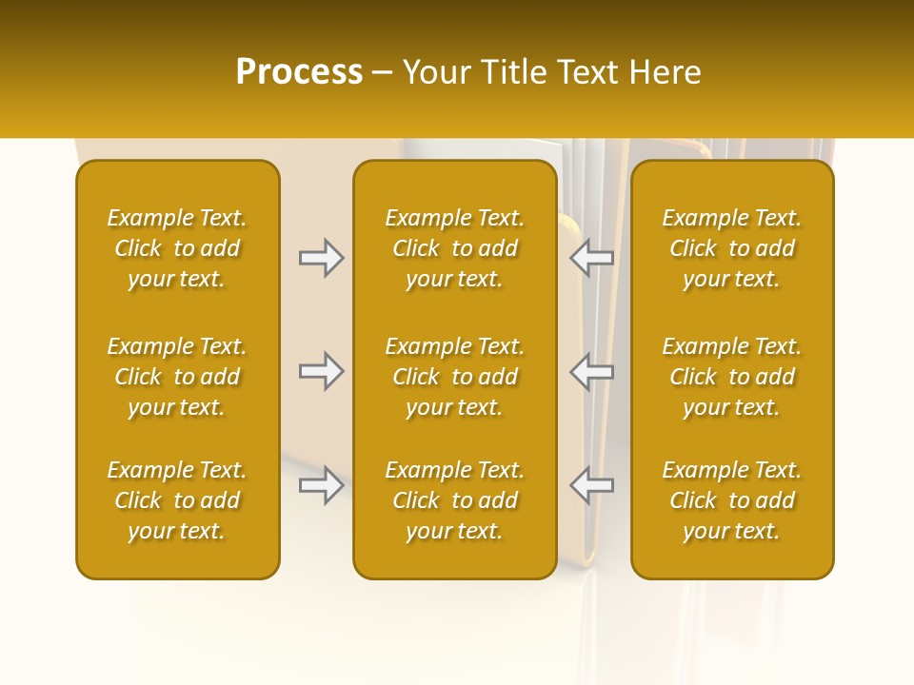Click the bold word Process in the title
point(299,72)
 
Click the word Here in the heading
point(666,72)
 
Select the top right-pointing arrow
point(321,258)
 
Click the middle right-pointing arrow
point(321,371)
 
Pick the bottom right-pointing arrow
point(321,485)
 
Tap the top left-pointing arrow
point(592,258)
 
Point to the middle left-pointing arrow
point(592,371)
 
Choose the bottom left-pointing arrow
point(592,485)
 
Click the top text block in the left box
point(177,248)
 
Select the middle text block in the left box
point(177,377)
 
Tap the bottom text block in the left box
point(177,500)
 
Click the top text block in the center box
point(454,248)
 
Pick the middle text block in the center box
point(454,377)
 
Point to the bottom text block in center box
point(454,500)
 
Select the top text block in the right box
point(732,248)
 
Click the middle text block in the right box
point(732,377)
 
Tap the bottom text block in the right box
point(732,500)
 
